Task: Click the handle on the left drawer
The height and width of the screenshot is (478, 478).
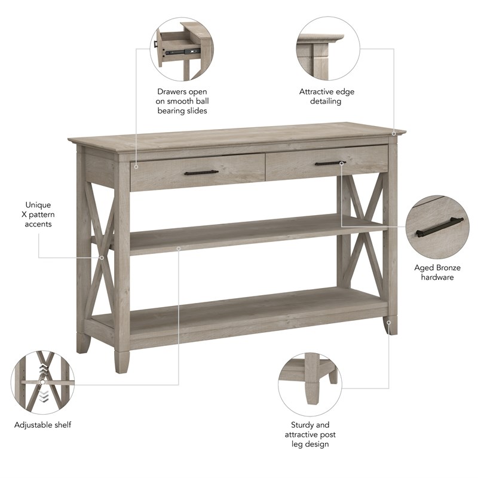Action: (201, 173)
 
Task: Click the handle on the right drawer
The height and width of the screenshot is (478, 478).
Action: (330, 163)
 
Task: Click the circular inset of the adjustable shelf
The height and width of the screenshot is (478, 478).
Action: (42, 382)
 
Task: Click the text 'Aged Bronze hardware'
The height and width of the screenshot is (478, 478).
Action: (437, 272)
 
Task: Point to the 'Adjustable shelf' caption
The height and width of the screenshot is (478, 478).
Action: (42, 425)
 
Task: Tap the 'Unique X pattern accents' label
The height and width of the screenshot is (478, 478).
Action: (38, 214)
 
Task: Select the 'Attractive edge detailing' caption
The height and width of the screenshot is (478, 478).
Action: (326, 97)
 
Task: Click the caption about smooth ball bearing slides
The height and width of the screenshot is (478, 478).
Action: (182, 102)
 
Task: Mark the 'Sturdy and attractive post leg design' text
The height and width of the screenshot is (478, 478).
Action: (310, 434)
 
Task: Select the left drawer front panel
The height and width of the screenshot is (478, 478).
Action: (197, 173)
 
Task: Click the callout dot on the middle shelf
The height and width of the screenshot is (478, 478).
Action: (178, 247)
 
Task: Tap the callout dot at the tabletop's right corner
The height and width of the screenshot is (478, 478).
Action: (394, 133)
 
